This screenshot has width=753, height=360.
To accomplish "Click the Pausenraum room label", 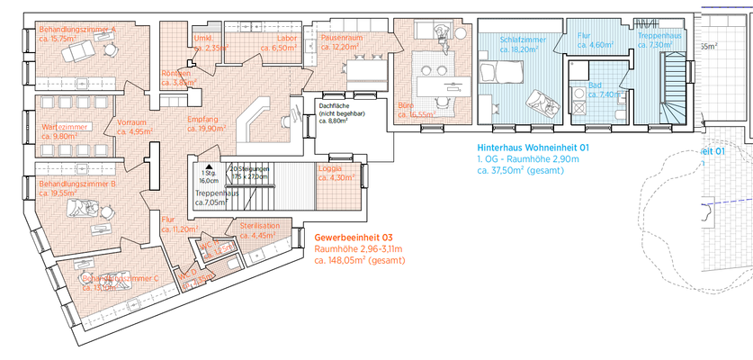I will click(341, 39).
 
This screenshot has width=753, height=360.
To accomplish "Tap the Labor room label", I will click(287, 39).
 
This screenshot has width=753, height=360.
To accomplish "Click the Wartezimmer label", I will click(65, 127).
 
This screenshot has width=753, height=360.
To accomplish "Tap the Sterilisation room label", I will click(260, 225).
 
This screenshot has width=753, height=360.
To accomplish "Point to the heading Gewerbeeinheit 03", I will click(354, 238).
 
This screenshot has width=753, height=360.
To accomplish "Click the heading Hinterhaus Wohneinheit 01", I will click(533, 147).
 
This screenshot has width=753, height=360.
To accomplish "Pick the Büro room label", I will click(408, 105).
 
